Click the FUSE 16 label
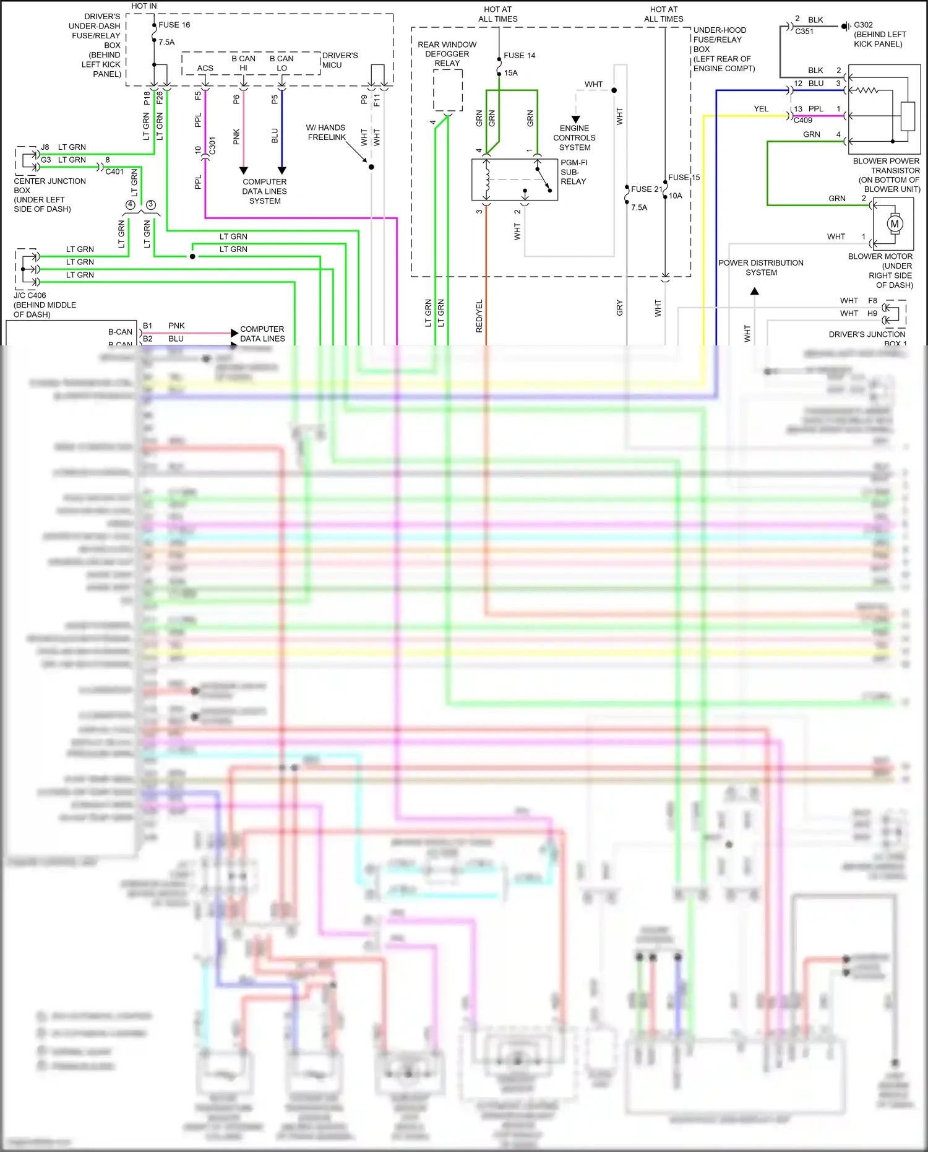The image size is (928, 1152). [x=174, y=25]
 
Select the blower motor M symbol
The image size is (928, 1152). [x=894, y=224]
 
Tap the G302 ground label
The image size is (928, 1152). [x=863, y=25]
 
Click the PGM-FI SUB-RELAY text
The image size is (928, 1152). [x=574, y=172]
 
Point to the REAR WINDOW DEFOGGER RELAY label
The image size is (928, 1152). [x=447, y=54]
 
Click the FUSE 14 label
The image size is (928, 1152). [x=519, y=56]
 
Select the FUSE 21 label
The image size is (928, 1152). [x=646, y=189]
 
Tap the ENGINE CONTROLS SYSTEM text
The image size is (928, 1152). [x=574, y=138]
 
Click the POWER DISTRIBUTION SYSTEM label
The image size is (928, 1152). [x=760, y=267]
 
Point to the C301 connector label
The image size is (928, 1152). [x=212, y=146]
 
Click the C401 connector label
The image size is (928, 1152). [x=114, y=171]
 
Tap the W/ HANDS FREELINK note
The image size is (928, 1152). [x=326, y=132]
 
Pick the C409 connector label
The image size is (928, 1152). [x=802, y=120]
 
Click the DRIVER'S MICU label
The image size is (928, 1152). [x=340, y=60]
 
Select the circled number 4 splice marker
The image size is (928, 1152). [x=130, y=205]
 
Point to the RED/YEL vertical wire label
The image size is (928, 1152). [x=479, y=316]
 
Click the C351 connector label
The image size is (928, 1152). [x=804, y=31]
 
